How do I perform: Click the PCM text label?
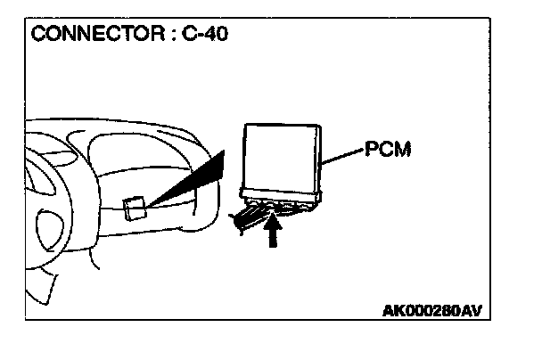387,148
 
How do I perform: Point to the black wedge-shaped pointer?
192,185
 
